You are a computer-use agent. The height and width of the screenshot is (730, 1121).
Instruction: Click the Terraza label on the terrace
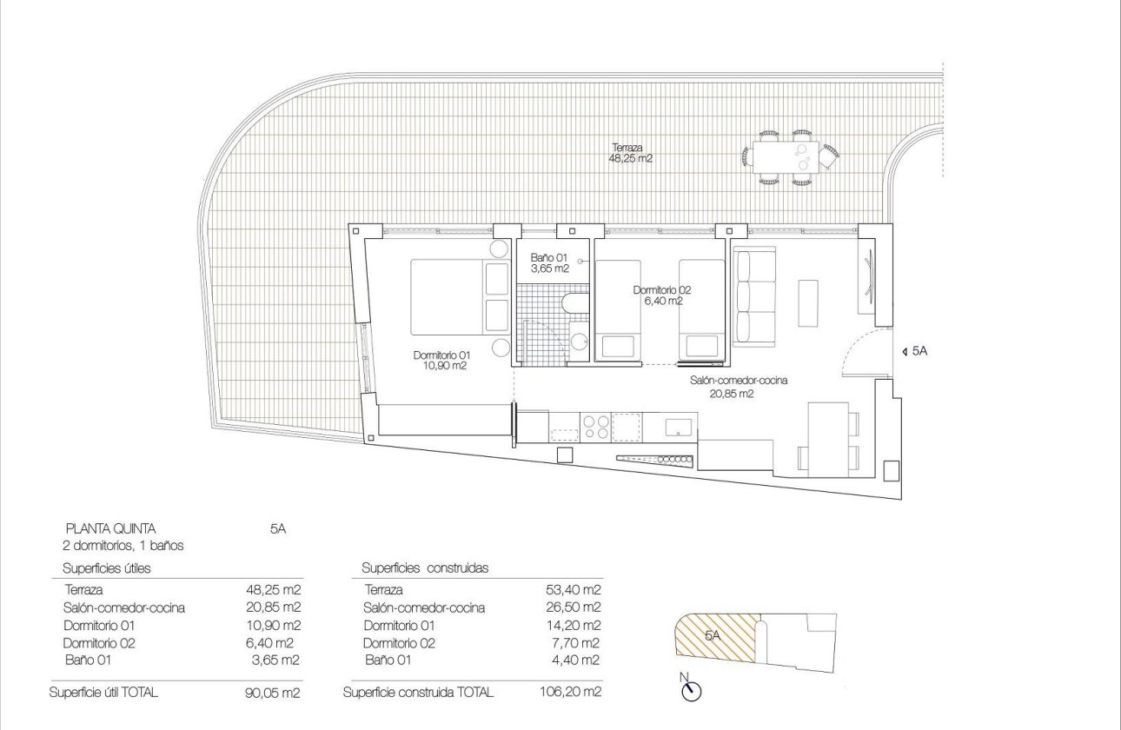(x=631, y=154)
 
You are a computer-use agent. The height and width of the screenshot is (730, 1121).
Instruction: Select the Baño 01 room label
(x=549, y=263)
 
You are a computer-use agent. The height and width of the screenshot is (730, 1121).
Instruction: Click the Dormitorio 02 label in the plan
(x=662, y=295)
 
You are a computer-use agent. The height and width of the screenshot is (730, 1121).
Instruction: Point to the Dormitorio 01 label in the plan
(x=441, y=361)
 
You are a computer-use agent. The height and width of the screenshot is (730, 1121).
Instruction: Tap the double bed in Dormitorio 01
(x=452, y=296)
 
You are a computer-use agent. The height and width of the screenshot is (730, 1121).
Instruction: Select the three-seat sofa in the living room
(x=753, y=296)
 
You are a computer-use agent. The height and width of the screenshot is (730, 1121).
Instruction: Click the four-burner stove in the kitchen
(x=595, y=426)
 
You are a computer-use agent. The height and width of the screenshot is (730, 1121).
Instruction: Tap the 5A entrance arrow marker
(x=917, y=351)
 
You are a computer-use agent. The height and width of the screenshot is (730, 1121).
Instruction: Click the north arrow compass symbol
(x=692, y=690)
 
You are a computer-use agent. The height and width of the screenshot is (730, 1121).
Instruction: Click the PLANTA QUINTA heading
(x=110, y=528)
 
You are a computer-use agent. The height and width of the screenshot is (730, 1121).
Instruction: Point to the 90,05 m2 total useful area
(x=274, y=693)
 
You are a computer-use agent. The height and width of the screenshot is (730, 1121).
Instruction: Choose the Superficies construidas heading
(x=425, y=567)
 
